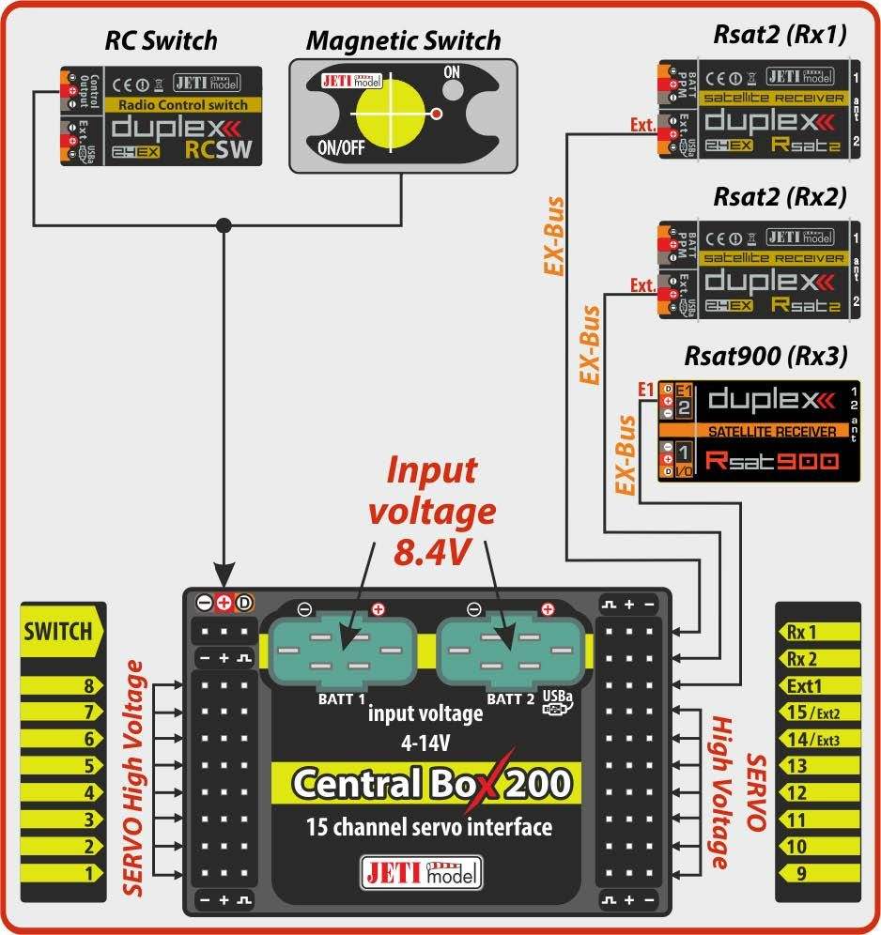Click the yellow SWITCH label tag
pyautogui.click(x=58, y=631)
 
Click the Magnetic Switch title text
pyautogui.click(x=403, y=41)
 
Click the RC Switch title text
pyautogui.click(x=161, y=40)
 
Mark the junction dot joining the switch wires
pyautogui.click(x=224, y=225)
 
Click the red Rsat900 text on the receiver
pyautogui.click(x=765, y=460)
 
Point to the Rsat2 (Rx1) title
pyautogui.click(x=780, y=36)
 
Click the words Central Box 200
pyautogui.click(x=431, y=782)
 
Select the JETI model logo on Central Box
pyautogui.click(x=421, y=872)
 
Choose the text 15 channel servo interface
pyautogui.click(x=429, y=827)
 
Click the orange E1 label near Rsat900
pyautogui.click(x=644, y=389)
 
